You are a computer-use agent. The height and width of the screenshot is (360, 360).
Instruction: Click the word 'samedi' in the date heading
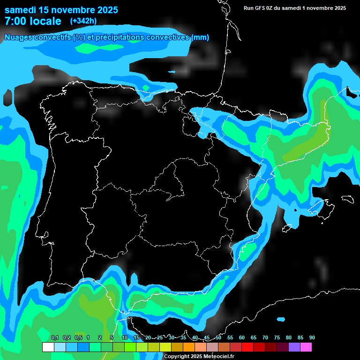(20, 10)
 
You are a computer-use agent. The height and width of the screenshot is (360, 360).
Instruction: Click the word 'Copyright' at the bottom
(177, 357)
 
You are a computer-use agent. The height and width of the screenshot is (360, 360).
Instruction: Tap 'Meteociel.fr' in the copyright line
(218, 357)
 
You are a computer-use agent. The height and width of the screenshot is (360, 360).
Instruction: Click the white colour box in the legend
(48, 347)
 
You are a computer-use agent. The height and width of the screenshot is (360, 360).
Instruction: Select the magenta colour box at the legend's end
(306, 347)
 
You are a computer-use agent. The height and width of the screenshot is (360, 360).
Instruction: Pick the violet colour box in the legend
(294, 347)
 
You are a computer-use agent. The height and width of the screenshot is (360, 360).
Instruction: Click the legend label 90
(312, 338)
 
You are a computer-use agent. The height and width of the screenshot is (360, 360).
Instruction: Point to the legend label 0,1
(54, 338)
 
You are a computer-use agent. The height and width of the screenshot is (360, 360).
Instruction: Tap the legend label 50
(218, 338)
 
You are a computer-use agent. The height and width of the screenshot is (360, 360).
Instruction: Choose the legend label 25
(160, 338)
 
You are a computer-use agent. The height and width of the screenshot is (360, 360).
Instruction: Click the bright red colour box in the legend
(247, 347)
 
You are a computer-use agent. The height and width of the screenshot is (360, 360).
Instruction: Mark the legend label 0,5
(78, 338)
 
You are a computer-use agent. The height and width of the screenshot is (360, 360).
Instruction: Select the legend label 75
(277, 338)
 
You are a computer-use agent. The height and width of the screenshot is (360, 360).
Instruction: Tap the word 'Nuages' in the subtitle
(18, 37)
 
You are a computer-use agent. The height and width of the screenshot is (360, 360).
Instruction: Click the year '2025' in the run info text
(337, 8)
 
